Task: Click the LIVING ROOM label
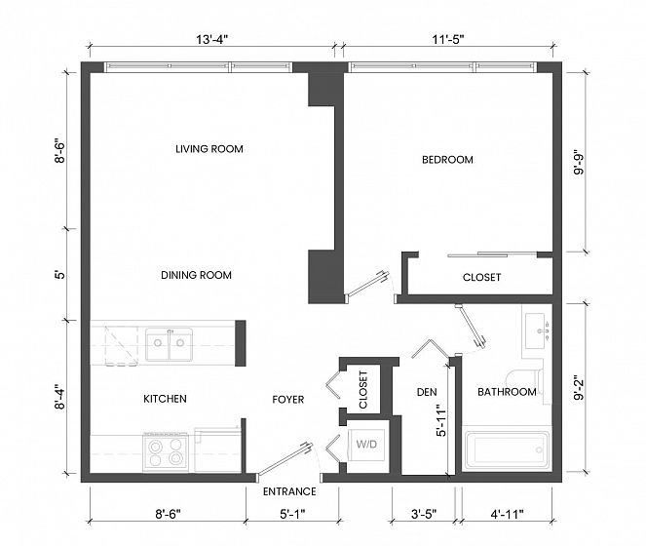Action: [x=209, y=149]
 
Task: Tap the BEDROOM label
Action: [x=447, y=160]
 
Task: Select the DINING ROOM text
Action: [x=196, y=275]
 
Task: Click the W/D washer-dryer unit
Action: [x=366, y=445]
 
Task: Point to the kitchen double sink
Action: [x=169, y=344]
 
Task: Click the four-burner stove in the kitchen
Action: [x=166, y=452]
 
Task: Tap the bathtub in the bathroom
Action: [x=508, y=449]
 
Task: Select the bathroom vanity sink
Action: [x=537, y=331]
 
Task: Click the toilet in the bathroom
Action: [x=526, y=377]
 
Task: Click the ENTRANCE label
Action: [x=289, y=491]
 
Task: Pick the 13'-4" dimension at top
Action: [x=211, y=40]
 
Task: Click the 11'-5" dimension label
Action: [x=448, y=40]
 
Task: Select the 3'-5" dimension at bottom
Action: [x=424, y=514]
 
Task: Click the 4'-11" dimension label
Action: [x=508, y=514]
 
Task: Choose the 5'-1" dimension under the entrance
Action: [x=292, y=514]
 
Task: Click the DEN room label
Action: [x=427, y=392]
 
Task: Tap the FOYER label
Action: [x=288, y=399]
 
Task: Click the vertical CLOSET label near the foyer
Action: [x=363, y=390]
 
